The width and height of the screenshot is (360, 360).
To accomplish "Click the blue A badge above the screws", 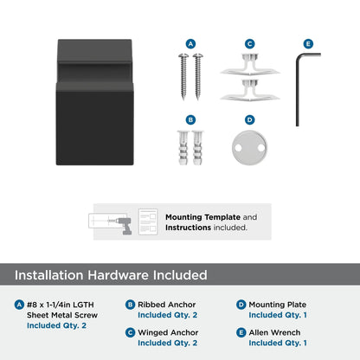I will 191,43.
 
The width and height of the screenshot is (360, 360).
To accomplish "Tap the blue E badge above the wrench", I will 307,43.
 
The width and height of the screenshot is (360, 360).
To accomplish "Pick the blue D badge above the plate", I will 249,119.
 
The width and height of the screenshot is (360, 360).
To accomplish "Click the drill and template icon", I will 112,222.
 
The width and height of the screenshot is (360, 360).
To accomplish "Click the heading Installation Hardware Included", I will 111,275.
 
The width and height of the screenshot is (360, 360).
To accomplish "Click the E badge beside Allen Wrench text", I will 241,331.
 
